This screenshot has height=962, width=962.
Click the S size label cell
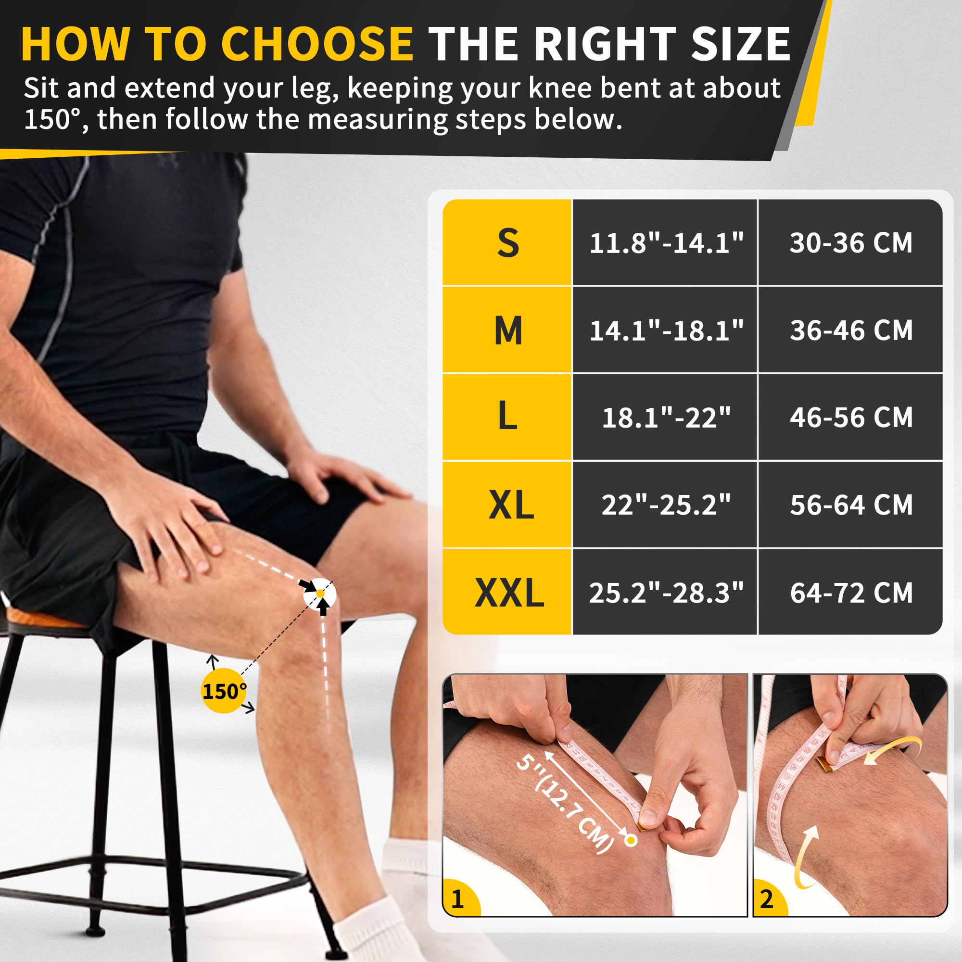[507, 243]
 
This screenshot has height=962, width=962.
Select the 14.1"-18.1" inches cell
[666, 330]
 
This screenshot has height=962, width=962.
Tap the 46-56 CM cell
[851, 417]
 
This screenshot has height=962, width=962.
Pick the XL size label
[510, 505]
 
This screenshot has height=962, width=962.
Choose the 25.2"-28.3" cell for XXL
[666, 593]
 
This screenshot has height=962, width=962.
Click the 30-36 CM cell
[851, 243]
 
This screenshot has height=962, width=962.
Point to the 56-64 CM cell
[851, 505]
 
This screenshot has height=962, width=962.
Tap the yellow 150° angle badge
[224, 691]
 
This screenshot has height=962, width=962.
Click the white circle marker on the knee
[320, 594]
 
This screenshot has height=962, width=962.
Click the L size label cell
[507, 417]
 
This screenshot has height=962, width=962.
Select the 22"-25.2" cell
[666, 505]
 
